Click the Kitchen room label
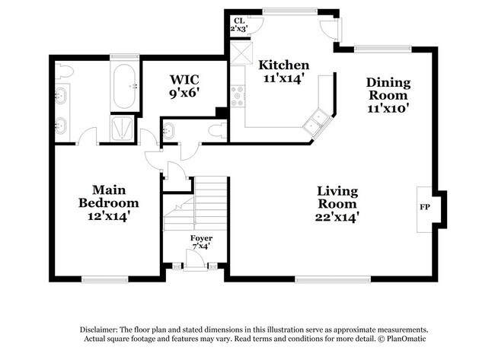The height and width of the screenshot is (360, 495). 284,65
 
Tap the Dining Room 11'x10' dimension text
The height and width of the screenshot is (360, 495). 388,109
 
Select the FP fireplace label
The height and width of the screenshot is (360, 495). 425,207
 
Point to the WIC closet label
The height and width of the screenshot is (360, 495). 184,79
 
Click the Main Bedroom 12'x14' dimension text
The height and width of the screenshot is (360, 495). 109,216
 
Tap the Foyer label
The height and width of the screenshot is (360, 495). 201,238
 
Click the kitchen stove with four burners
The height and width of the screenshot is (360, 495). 238,96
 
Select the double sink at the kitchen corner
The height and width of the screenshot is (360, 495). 317,121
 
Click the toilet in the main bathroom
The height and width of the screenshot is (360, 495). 64,72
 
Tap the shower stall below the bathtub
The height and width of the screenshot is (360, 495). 122,129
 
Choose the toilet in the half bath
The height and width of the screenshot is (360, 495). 219,130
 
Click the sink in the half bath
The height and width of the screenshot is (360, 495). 168,130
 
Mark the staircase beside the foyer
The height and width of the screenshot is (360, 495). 195,204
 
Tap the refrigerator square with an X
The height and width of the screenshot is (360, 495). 241,53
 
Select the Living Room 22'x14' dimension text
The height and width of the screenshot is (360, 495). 337,217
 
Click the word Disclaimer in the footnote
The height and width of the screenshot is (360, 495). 99,330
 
